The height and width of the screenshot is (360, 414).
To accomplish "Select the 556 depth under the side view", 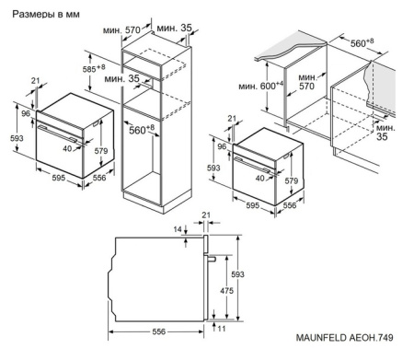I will click(158, 332).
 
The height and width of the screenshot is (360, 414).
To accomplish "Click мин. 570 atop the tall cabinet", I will click(135, 29).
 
